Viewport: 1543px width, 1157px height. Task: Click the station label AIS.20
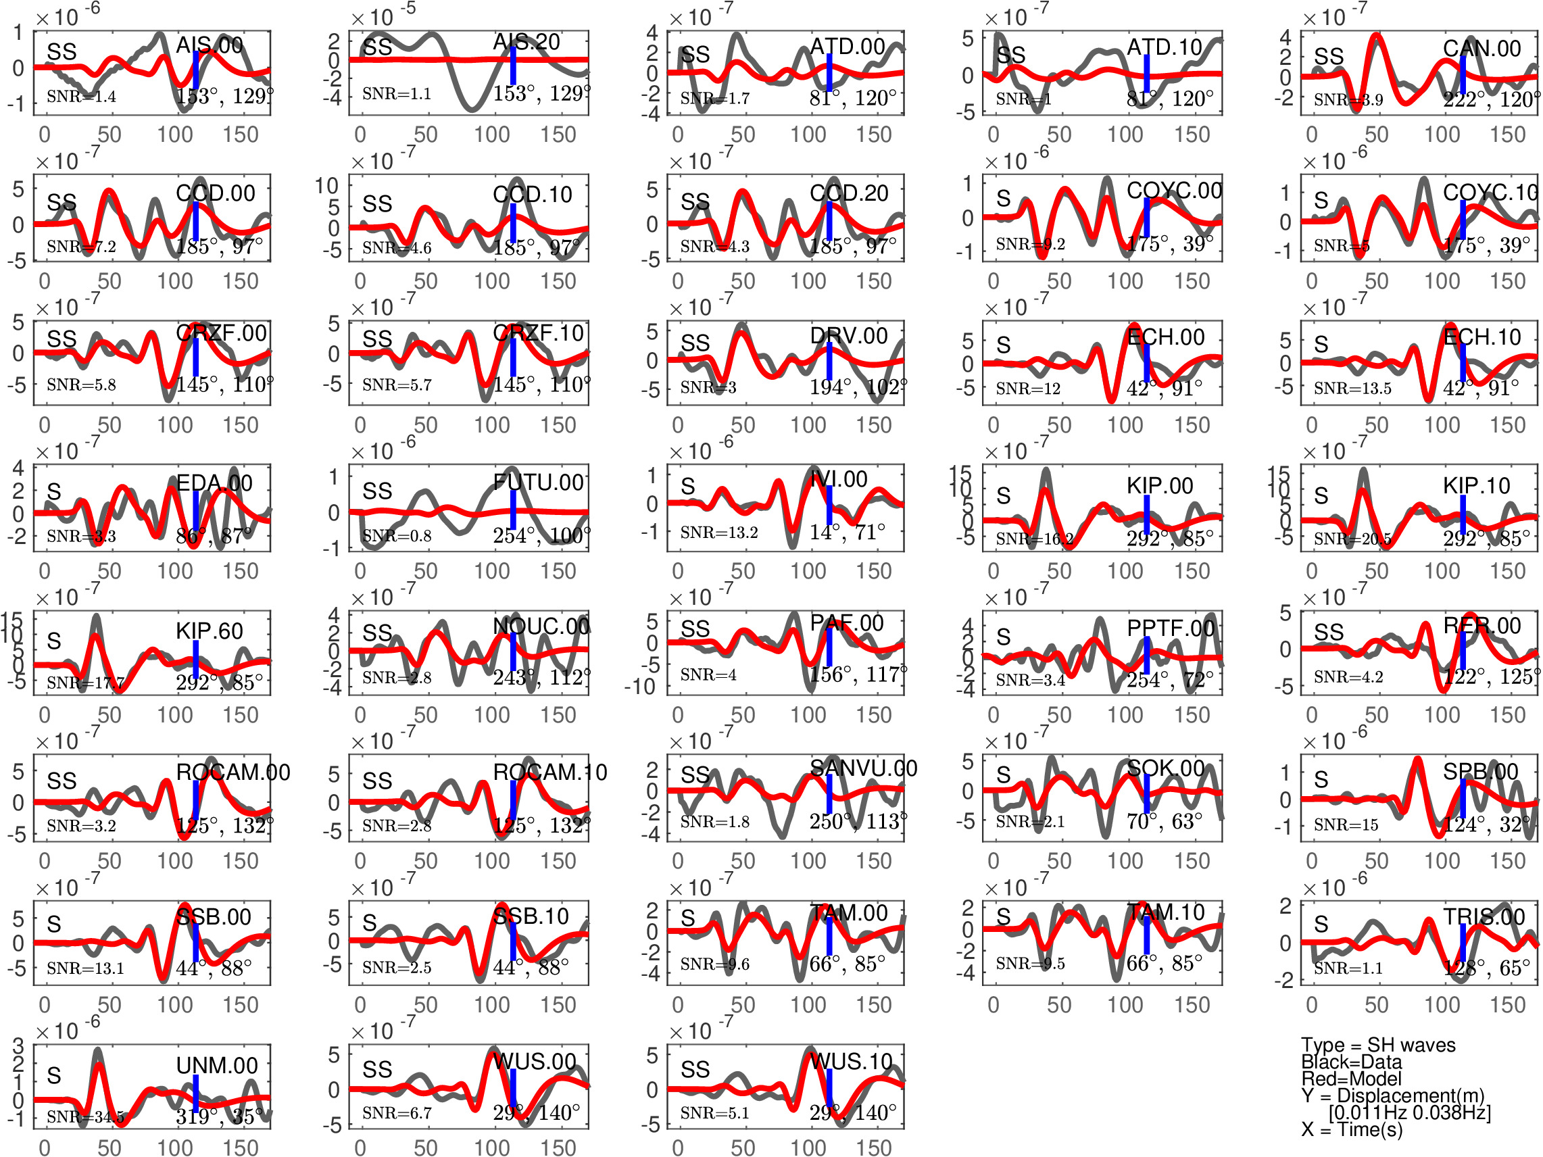point(526,42)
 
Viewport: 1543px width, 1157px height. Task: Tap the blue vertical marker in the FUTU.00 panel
point(513,509)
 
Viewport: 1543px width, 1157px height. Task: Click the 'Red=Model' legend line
point(1351,1079)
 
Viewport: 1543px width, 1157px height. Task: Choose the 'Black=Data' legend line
point(1351,1062)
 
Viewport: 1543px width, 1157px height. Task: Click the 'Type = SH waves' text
point(1377,1045)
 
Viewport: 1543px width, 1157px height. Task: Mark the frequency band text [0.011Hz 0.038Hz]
point(1409,1112)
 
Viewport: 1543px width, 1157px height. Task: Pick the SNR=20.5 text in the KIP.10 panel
point(1352,539)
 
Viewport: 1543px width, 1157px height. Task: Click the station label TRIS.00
point(1484,916)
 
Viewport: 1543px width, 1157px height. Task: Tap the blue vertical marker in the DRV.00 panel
point(829,361)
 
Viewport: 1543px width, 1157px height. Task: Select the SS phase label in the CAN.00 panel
point(1328,56)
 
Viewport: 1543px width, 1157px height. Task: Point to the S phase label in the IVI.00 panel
point(688,487)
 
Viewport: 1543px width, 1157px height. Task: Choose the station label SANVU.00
point(863,768)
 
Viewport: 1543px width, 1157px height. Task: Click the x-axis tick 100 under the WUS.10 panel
point(808,1148)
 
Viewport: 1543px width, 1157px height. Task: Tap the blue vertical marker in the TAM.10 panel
point(1146,936)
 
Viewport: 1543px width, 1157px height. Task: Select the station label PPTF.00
point(1170,629)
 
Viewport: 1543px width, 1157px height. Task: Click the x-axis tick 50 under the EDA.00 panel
point(109,571)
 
